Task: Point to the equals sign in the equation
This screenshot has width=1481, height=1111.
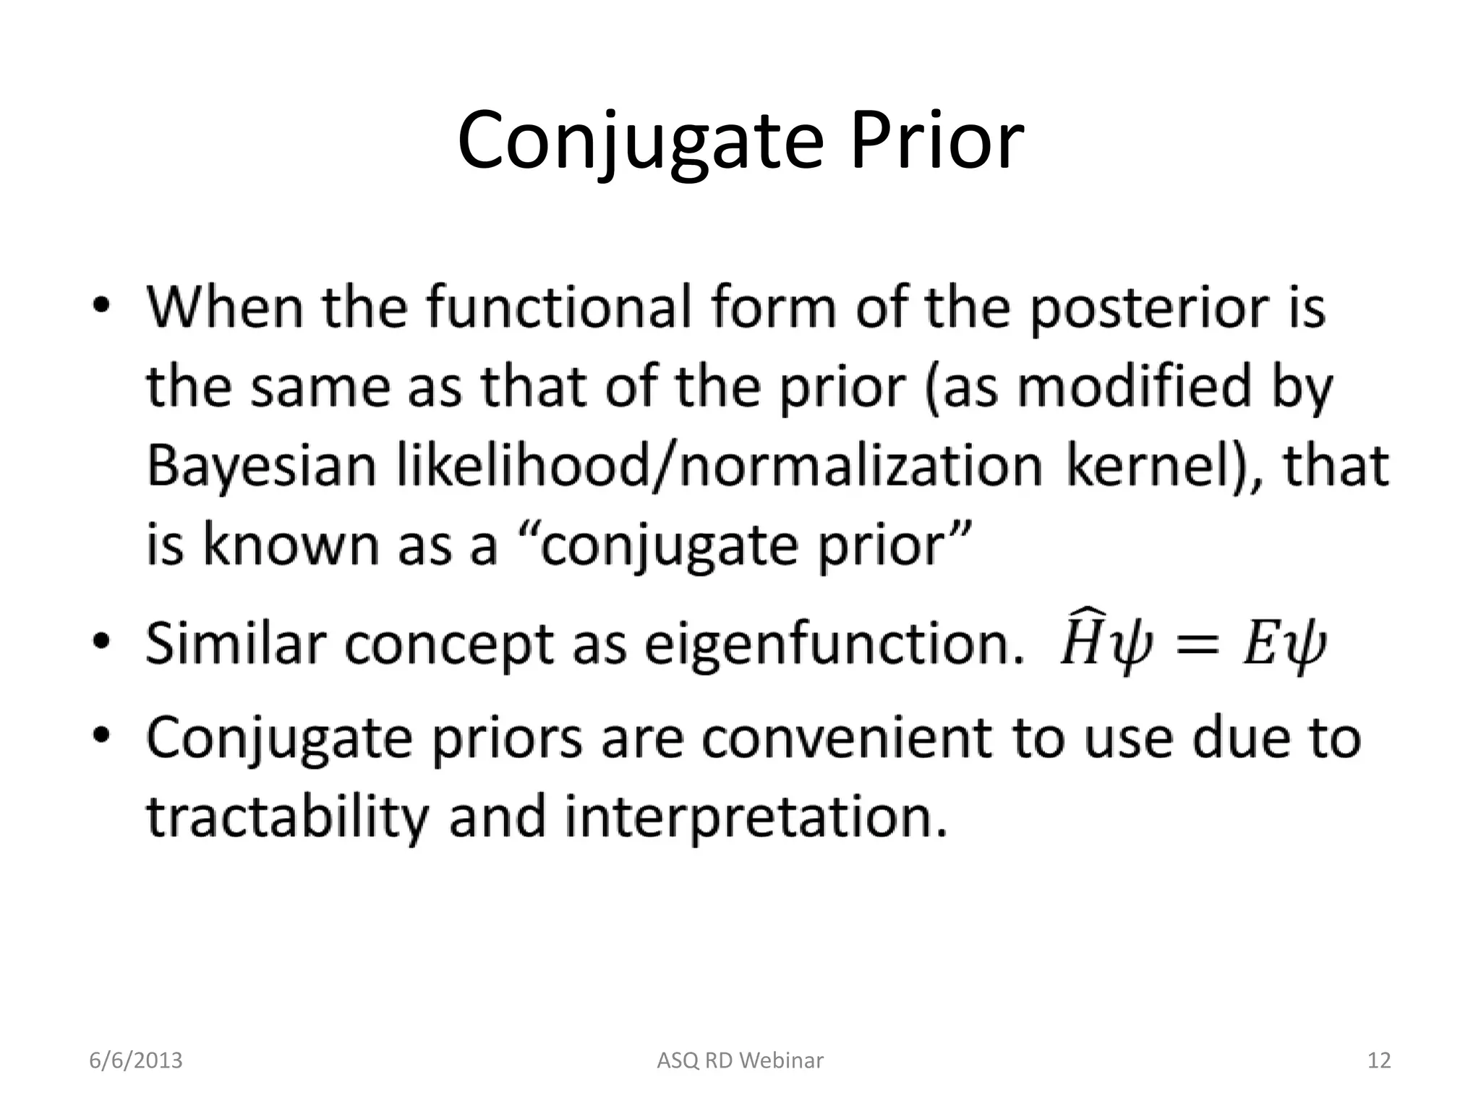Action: click(x=1192, y=644)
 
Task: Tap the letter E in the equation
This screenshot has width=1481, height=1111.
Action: click(x=1259, y=644)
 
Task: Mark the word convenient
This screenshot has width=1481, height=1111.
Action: click(x=846, y=738)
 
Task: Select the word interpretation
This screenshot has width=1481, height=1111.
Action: click(x=755, y=817)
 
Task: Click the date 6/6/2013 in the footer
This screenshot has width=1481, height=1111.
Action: click(x=135, y=1060)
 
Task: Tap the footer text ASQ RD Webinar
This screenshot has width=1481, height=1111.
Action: click(x=740, y=1060)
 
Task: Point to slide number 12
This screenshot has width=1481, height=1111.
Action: click(x=1379, y=1060)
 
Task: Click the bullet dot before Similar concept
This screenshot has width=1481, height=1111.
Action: click(x=102, y=641)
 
